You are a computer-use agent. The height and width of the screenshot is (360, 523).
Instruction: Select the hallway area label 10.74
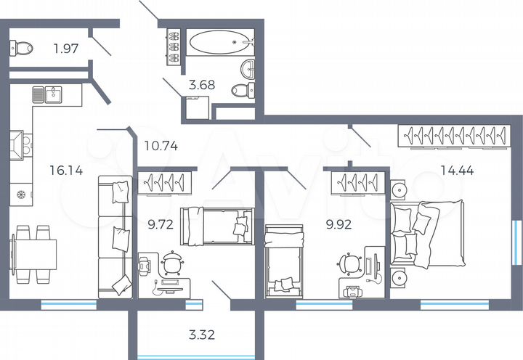[161, 145]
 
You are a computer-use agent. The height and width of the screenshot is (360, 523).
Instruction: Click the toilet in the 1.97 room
[22, 48]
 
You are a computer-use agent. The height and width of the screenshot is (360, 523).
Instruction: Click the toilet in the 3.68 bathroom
[243, 90]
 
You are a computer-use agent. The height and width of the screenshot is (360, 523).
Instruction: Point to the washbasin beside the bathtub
[248, 68]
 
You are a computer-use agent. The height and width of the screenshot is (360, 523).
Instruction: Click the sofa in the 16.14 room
[115, 237]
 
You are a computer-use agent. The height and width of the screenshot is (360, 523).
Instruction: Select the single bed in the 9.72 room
[216, 226]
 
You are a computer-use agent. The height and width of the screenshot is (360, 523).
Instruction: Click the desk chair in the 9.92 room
[352, 263]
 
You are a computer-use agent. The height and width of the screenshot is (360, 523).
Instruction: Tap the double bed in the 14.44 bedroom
[425, 231]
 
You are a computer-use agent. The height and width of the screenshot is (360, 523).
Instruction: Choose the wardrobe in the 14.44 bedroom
[455, 136]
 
